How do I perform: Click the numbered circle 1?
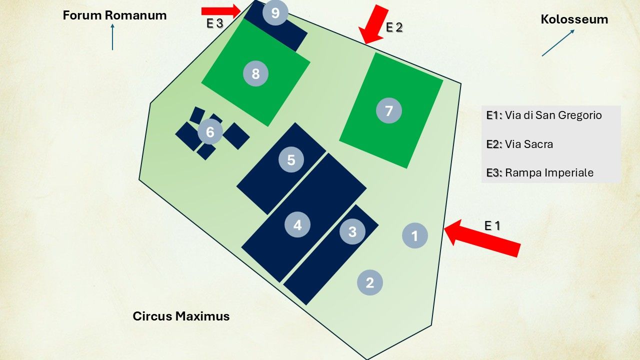point(415,235)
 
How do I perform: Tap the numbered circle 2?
point(370,283)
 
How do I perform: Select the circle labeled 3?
point(352,232)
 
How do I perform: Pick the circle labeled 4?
point(297,225)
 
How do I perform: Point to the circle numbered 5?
point(291,160)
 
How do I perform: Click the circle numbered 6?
point(210,132)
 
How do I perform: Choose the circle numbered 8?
point(255,74)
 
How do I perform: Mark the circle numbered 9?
point(275,13)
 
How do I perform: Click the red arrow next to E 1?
point(482,239)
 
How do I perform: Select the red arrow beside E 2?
point(375,24)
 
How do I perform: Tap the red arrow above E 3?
point(221,10)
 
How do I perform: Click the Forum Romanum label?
point(114,15)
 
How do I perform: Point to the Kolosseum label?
point(574,19)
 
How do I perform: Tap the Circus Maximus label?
point(181,316)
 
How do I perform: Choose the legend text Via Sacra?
point(528,144)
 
